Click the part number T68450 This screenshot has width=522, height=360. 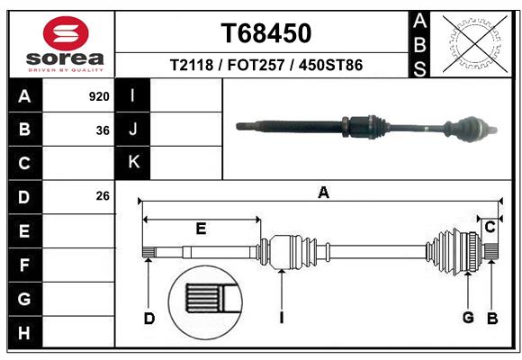tap(266, 33)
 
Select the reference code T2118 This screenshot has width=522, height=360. tap(191, 66)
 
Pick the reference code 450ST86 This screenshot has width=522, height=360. tap(330, 66)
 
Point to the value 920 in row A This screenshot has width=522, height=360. tap(99, 96)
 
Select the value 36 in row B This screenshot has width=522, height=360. tap(103, 130)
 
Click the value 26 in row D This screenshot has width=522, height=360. tap(103, 196)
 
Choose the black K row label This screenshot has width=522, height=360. tap(133, 162)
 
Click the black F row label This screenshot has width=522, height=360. tap(24, 265)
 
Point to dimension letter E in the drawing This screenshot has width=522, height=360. tap(202, 229)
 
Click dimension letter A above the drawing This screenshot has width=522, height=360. tap(323, 192)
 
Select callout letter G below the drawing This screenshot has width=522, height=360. tap(468, 316)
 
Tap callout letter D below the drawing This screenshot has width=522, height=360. tap(149, 317)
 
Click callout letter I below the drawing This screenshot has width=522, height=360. tap(282, 317)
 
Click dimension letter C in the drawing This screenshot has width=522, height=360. tap(490, 228)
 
